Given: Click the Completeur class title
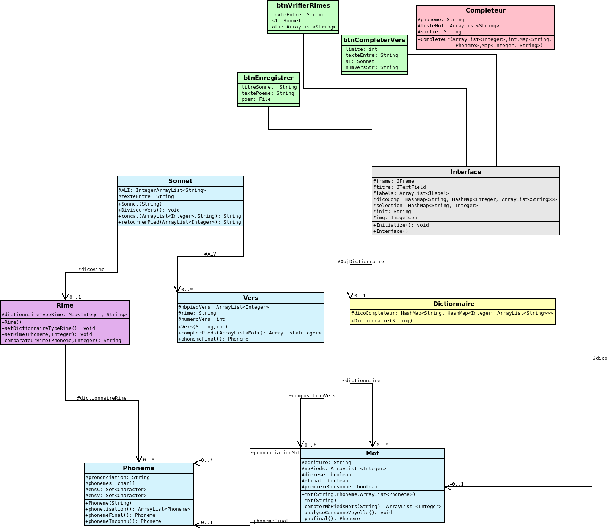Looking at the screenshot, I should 485,11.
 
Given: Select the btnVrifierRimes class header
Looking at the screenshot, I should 303,6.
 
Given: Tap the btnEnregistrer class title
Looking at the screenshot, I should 268,78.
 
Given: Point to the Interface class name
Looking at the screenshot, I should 466,172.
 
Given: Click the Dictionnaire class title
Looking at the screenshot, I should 454,304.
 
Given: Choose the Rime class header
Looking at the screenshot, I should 65,306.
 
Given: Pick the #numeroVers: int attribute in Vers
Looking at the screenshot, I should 201,319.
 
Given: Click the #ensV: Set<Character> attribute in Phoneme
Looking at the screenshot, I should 116,496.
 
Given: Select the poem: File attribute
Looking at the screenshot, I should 256,99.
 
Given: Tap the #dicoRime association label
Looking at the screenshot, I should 91,270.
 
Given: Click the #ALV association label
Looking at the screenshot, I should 210,254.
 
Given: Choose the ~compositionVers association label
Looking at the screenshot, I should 312,396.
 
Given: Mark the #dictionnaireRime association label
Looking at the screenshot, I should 102,398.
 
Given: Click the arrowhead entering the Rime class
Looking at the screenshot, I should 65,297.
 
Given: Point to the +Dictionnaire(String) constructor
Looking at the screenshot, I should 382,321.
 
